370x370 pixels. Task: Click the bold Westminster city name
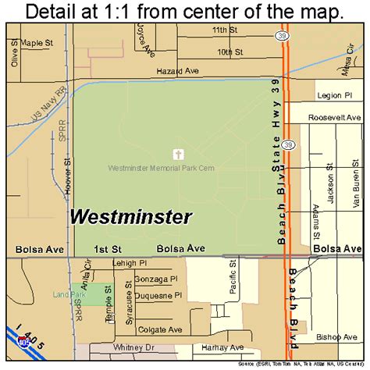pyautogui.click(x=131, y=216)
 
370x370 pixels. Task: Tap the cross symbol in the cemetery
pyautogui.click(x=179, y=154)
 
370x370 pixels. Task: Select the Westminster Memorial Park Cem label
pyautogui.click(x=162, y=167)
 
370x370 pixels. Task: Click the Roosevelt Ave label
pyautogui.click(x=335, y=117)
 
